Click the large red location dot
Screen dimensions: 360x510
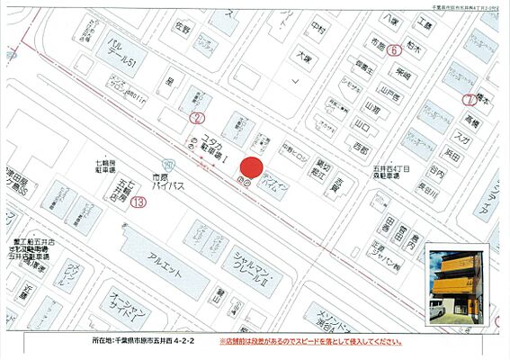(x=253, y=167)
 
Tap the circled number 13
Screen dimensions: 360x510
(x=138, y=202)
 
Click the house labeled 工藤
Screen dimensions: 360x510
(x=425, y=26)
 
